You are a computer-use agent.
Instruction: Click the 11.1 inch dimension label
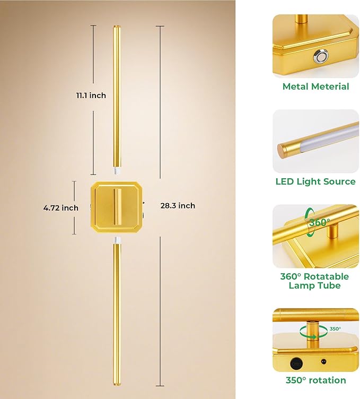click(x=91, y=96)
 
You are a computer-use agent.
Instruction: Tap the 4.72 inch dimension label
click(x=61, y=208)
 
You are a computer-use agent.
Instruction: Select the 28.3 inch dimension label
click(x=178, y=206)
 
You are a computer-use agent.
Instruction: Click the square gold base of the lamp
click(x=117, y=207)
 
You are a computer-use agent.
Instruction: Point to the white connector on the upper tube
click(x=117, y=170)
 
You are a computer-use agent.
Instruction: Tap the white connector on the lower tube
click(x=117, y=240)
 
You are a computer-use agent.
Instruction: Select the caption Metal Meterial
click(x=315, y=86)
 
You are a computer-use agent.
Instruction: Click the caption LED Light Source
click(x=315, y=181)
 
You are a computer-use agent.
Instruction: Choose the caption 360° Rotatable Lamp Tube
click(x=314, y=281)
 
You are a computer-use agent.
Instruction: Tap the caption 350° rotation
click(x=316, y=380)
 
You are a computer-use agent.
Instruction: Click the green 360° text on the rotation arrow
click(x=320, y=222)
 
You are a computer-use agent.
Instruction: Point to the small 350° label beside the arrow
click(x=335, y=329)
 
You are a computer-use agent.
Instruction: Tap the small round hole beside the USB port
click(x=323, y=361)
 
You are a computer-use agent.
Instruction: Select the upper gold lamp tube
click(x=117, y=97)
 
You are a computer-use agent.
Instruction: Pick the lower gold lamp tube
click(x=117, y=314)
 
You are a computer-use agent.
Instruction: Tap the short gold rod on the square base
click(x=117, y=206)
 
